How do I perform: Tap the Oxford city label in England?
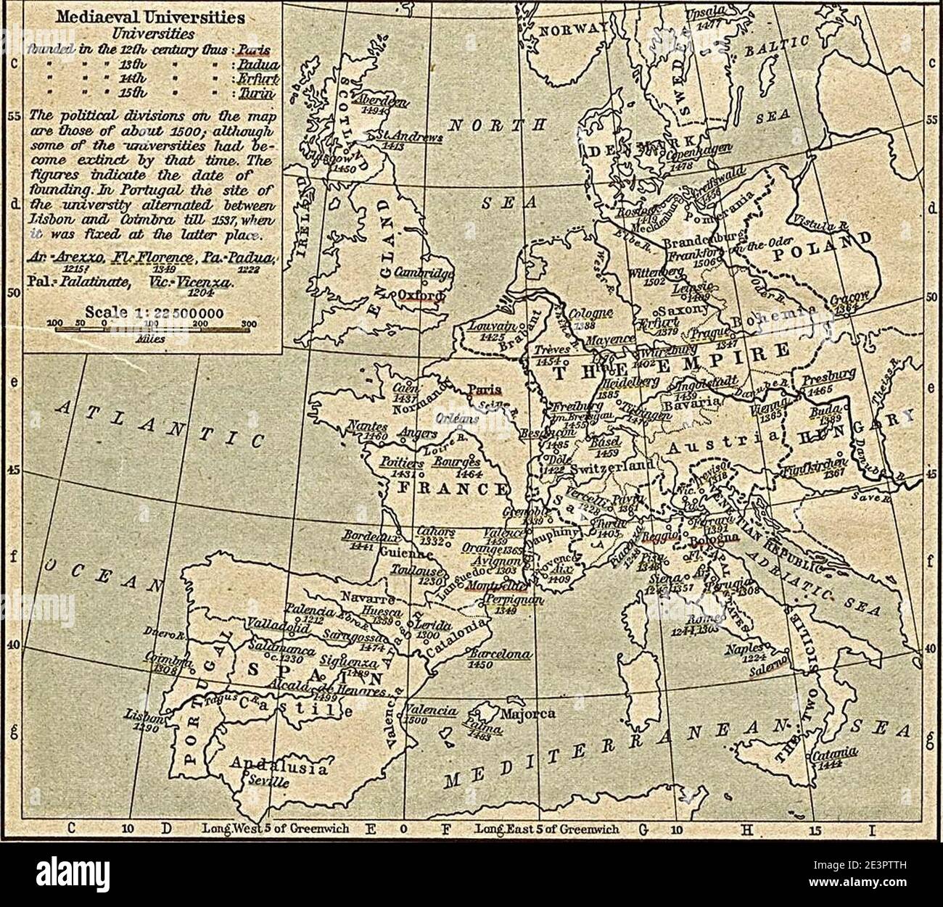point(419,296)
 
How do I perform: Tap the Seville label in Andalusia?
point(268,783)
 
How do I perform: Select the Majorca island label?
point(532,713)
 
